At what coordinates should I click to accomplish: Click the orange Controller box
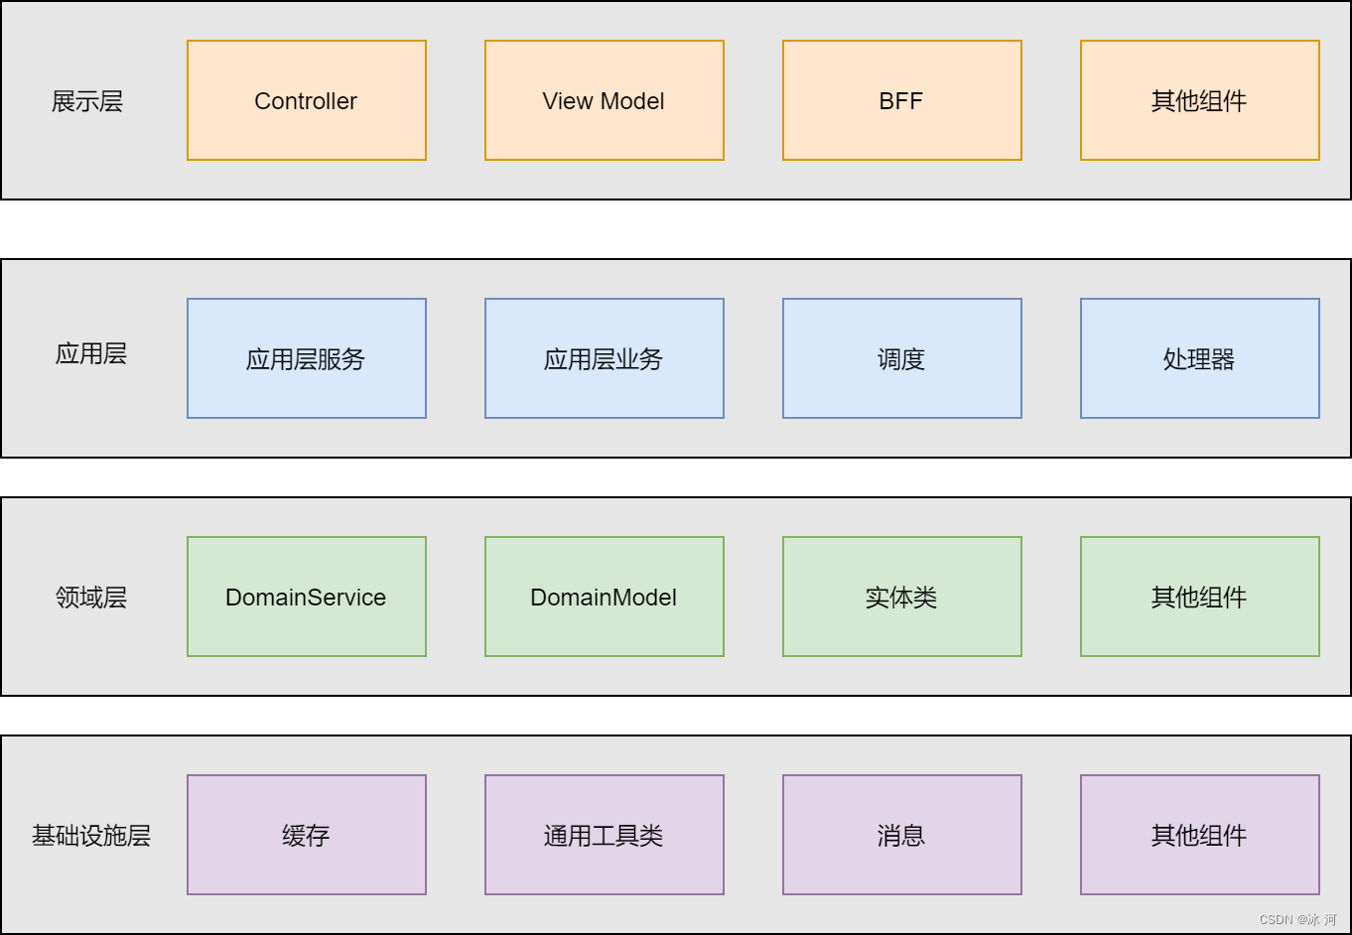[306, 100]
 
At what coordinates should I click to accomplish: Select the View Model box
[604, 100]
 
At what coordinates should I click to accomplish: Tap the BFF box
[901, 100]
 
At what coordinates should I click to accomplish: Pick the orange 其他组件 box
[1199, 100]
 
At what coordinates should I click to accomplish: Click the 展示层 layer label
[87, 101]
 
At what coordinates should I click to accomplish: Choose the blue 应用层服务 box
[306, 358]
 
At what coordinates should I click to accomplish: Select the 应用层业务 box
[604, 358]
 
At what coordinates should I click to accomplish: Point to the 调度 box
[901, 358]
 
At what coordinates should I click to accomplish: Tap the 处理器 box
[1199, 358]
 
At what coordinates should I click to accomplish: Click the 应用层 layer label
[90, 354]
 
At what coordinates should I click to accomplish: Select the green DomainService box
[306, 597]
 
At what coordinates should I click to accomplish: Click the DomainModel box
[604, 597]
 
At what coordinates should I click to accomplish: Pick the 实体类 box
[901, 597]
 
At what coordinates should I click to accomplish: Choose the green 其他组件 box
[1199, 597]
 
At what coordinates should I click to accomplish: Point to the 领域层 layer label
[90, 598]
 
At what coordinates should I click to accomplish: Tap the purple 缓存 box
[306, 835]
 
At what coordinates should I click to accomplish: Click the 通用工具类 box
[604, 835]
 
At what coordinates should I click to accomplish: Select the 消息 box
[901, 835]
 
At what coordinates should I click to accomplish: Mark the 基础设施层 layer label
[90, 836]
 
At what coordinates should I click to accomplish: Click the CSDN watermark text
[1296, 920]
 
